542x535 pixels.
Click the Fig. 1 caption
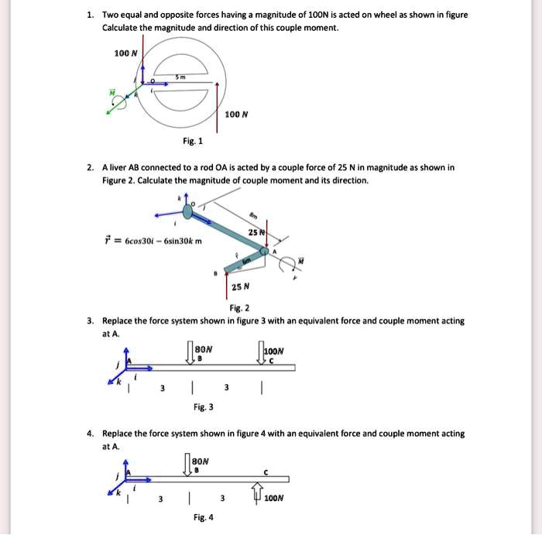[x=193, y=141]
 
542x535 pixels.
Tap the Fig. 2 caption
[x=241, y=307]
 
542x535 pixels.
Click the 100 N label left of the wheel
[x=125, y=53]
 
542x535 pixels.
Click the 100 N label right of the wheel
[x=235, y=115]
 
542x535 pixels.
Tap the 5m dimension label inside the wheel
[x=180, y=77]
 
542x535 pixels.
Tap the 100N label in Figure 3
[x=275, y=351]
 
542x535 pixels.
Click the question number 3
[x=91, y=321]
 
